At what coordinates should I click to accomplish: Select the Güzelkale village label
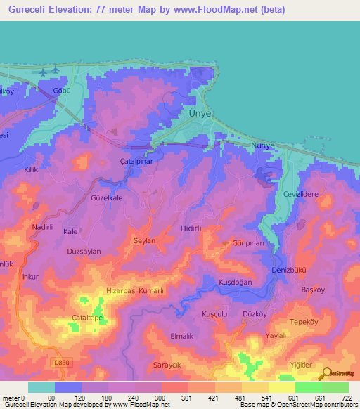tap(107, 198)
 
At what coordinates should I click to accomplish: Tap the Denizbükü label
tap(288, 270)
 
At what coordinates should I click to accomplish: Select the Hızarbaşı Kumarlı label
tap(135, 291)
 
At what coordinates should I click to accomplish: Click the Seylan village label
tap(144, 240)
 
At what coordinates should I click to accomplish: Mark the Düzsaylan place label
tap(84, 251)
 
